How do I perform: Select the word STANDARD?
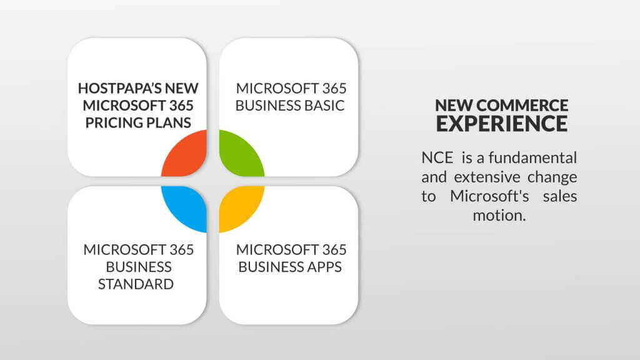(136, 284)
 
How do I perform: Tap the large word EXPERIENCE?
(502, 124)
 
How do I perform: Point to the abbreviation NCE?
(437, 158)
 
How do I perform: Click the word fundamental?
(532, 157)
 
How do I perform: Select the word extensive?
(487, 177)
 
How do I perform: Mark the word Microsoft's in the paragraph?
(489, 196)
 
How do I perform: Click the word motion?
(499, 216)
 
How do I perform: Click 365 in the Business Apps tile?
(334, 250)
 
